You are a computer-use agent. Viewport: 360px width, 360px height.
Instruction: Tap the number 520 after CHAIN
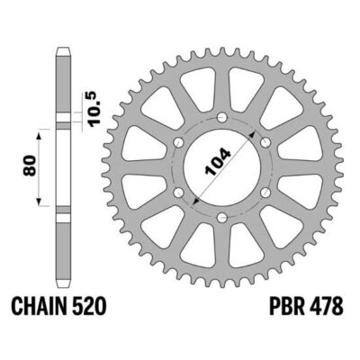tap(91, 305)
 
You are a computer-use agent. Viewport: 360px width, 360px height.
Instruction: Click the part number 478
tap(326, 305)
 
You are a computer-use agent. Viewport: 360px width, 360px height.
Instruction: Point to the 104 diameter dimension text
tap(218, 161)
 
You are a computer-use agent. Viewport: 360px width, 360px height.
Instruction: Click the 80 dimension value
tap(31, 166)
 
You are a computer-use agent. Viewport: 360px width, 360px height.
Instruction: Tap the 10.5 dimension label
tap(94, 108)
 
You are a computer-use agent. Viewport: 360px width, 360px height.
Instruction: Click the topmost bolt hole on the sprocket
tap(222, 117)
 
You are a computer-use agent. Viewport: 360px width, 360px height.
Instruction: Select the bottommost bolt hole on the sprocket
tap(222, 218)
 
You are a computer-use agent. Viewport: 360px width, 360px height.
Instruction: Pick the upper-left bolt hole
tap(179, 142)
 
